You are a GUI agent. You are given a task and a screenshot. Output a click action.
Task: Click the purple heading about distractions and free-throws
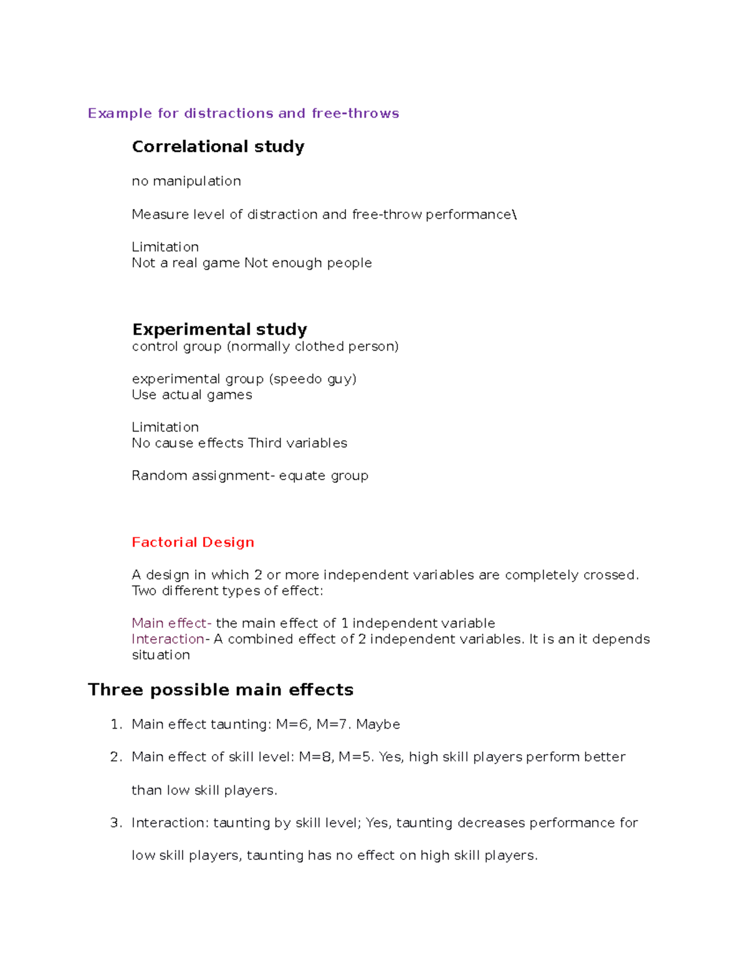pyautogui.click(x=243, y=113)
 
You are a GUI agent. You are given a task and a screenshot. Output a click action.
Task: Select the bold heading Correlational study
pyautogui.click(x=218, y=147)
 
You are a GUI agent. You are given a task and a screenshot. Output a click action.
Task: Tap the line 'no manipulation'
pyautogui.click(x=186, y=181)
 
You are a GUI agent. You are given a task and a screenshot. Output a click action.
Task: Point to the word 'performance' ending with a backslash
pyautogui.click(x=471, y=215)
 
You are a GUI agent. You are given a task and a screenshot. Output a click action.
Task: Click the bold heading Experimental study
pyautogui.click(x=219, y=329)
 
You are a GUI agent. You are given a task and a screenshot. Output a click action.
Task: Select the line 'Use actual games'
pyautogui.click(x=192, y=395)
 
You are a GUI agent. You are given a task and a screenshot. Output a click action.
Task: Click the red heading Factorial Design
pyautogui.click(x=193, y=542)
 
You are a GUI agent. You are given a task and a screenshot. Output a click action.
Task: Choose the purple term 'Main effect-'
pyautogui.click(x=171, y=623)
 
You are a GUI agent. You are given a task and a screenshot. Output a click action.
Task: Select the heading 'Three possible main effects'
pyautogui.click(x=221, y=690)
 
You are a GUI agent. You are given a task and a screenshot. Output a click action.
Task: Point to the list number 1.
pyautogui.click(x=115, y=724)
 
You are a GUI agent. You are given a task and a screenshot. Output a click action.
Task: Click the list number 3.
pyautogui.click(x=115, y=823)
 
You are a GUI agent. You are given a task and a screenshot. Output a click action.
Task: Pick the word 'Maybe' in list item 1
pyautogui.click(x=378, y=725)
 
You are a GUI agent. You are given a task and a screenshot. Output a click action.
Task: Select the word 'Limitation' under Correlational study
pyautogui.click(x=165, y=247)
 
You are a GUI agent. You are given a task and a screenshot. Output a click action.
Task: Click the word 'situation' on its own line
pyautogui.click(x=161, y=655)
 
